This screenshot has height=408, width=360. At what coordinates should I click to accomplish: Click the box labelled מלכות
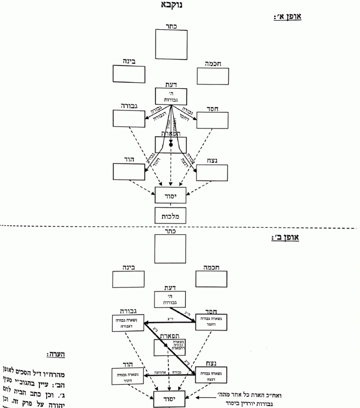[x=170, y=216]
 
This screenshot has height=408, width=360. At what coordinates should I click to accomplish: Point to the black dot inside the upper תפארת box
[x=171, y=144]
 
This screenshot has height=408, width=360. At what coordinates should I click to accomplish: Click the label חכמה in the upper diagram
[x=213, y=63]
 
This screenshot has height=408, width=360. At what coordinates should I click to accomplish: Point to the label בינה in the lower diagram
[x=129, y=268]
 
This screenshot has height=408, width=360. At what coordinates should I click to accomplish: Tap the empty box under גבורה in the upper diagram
[x=129, y=118]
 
